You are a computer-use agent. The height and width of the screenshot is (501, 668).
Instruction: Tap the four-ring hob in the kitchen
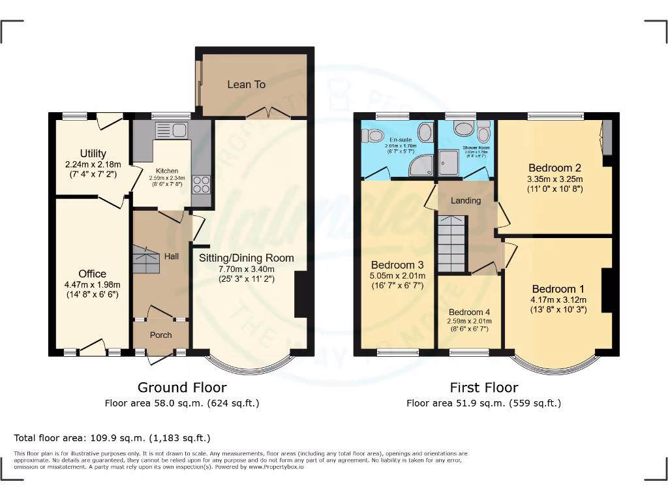[201, 184]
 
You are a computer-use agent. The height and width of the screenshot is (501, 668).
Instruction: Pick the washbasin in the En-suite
[424, 132]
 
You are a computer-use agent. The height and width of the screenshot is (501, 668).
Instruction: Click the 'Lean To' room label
[246, 84]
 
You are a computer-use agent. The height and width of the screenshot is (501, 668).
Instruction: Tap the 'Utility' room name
[93, 154]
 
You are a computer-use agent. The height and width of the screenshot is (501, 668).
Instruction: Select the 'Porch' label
[160, 335]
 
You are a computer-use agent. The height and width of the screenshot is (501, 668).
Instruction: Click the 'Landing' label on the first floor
[466, 200]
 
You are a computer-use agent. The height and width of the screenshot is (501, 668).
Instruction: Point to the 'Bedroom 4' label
[470, 312]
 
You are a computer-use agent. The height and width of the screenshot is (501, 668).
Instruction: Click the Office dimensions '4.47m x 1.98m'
[92, 284]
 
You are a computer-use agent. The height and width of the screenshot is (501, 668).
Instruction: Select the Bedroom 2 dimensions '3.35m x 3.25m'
[555, 179]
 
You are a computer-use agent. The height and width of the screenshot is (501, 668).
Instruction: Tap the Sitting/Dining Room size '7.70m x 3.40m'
[246, 269]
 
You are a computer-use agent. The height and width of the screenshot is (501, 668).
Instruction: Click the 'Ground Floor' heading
[182, 387]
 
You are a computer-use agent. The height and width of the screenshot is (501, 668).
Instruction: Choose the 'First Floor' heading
[484, 387]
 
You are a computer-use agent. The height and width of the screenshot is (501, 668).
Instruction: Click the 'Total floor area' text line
[112, 438]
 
